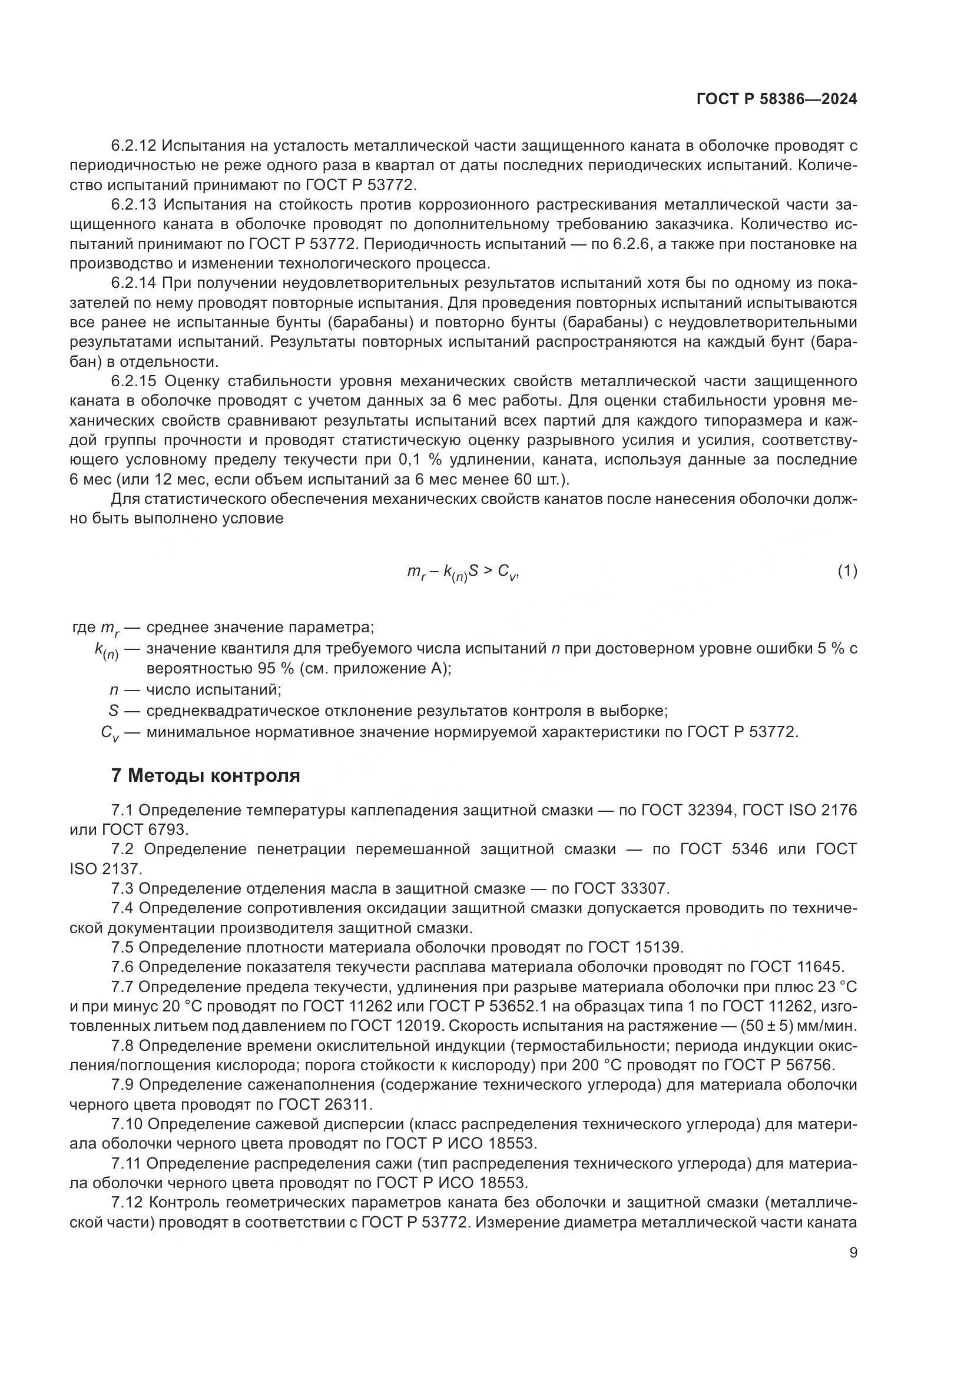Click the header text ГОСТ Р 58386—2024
tap(776, 99)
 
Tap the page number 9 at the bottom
tap(853, 1253)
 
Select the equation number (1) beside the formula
tap(847, 572)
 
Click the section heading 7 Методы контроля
tap(206, 775)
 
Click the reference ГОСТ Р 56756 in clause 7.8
tap(779, 1065)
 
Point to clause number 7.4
tap(122, 908)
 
